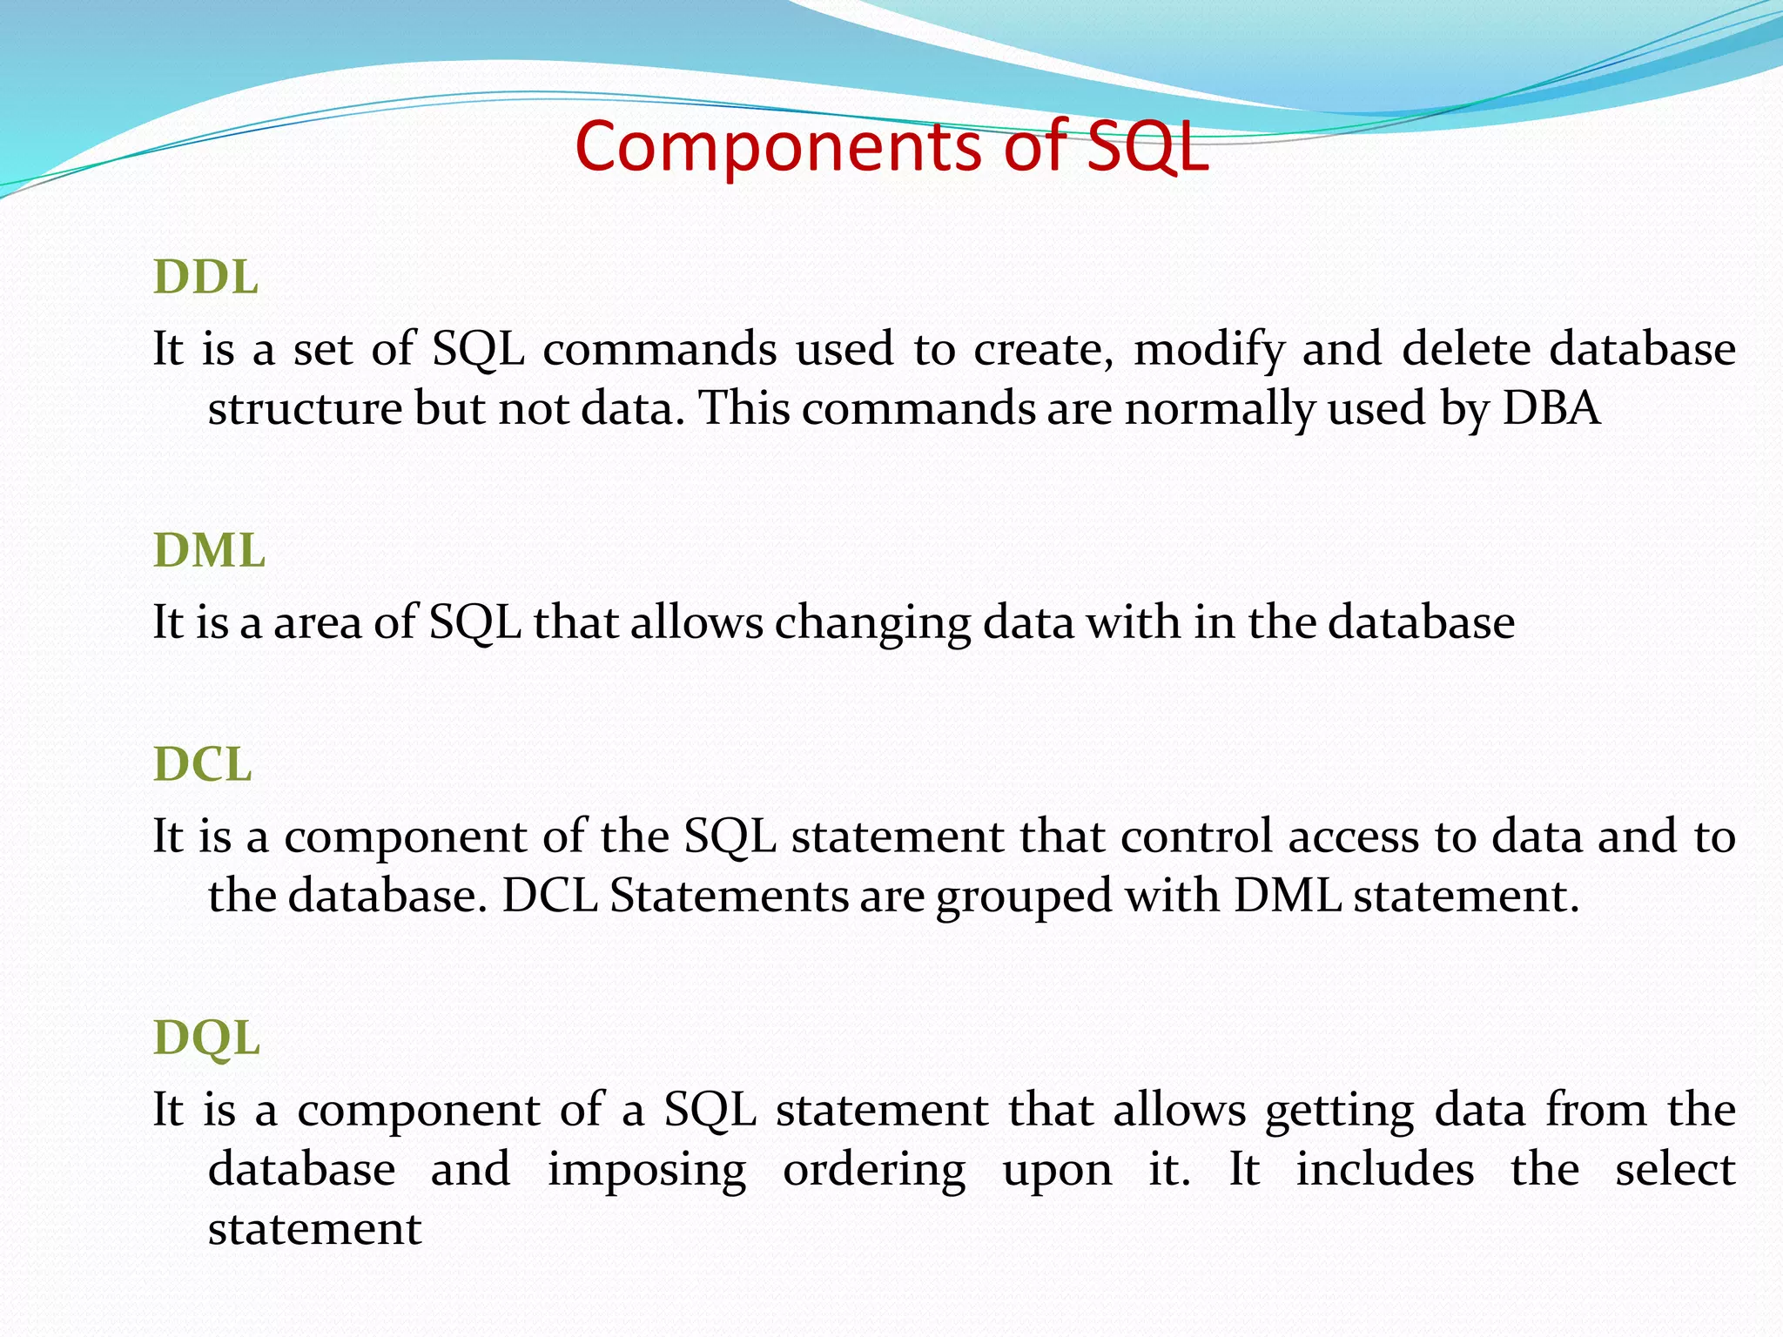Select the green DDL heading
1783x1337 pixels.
point(205,278)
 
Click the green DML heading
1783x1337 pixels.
point(209,551)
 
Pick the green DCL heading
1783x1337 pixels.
point(202,764)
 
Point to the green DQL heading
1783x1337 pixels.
point(206,1038)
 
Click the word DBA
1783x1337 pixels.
point(1551,407)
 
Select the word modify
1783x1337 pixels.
point(1208,350)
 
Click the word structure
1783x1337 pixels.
point(305,407)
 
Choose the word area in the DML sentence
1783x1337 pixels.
point(317,623)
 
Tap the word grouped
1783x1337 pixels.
point(1024,897)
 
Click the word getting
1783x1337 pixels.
point(1340,1111)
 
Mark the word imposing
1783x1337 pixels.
point(646,1170)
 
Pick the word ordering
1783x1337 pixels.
point(874,1170)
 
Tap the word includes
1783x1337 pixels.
point(1384,1168)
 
